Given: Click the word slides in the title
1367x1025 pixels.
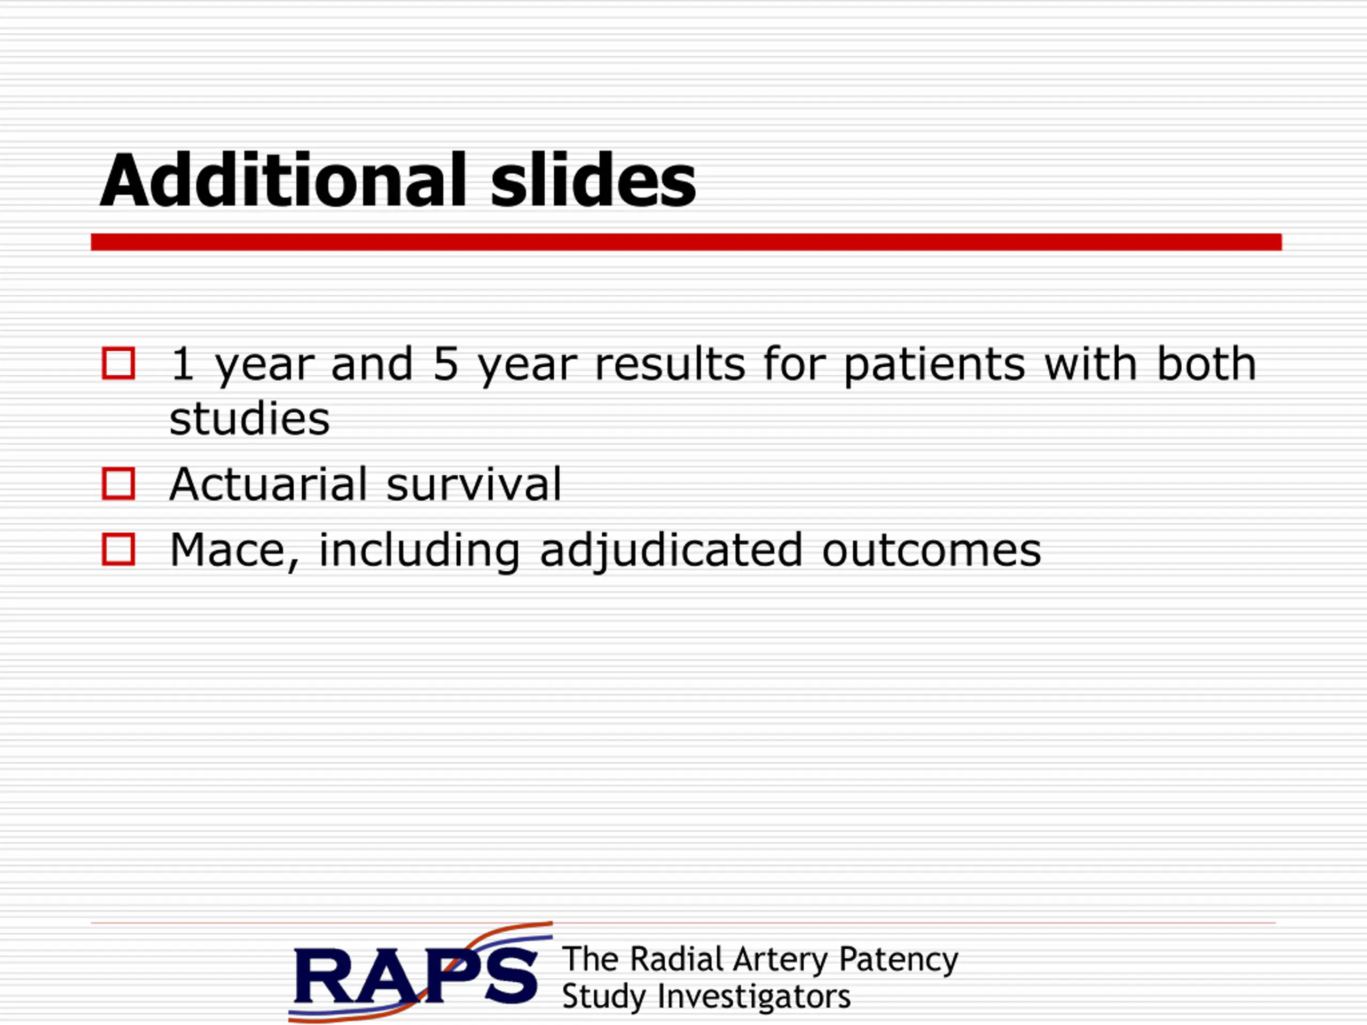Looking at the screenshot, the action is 593,180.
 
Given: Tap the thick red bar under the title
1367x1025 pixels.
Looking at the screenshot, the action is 686,242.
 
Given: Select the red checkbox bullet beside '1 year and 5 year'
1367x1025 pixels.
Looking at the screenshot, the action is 118,364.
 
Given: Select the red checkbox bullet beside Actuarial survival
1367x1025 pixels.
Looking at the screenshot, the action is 118,484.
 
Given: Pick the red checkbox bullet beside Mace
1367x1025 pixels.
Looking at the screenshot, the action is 118,549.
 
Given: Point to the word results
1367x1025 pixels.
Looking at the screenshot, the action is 670,364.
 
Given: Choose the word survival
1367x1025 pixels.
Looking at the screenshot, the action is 474,484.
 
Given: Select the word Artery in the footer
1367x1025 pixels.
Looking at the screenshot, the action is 781,960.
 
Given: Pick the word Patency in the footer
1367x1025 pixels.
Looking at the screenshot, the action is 899,960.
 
